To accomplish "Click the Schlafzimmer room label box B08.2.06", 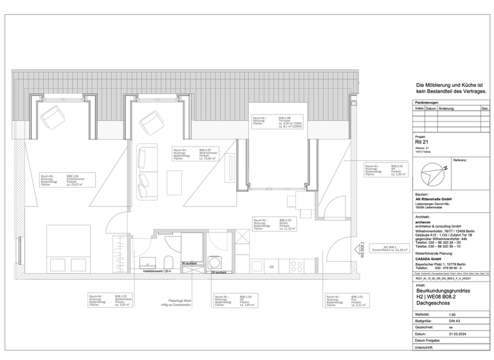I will click(x=66, y=179).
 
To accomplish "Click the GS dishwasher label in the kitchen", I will click(x=271, y=266).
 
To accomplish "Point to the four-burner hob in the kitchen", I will click(x=297, y=264).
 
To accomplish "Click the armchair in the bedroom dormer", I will click(x=52, y=118).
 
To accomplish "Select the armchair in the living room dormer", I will click(x=152, y=120).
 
